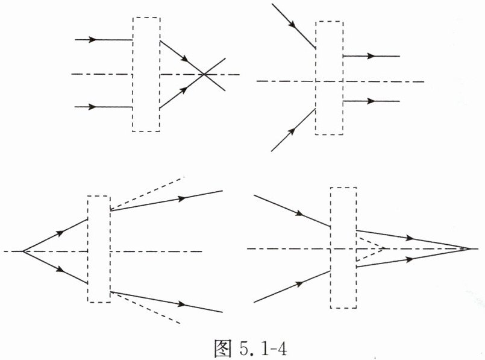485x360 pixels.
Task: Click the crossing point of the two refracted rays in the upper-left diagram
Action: (205, 74)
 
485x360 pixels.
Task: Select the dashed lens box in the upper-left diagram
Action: (146, 74)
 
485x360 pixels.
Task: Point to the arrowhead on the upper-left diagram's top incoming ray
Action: (92, 40)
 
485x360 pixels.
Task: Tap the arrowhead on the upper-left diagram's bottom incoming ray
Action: (92, 107)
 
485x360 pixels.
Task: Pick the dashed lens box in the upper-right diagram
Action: (329, 78)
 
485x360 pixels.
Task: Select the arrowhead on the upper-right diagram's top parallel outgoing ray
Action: (371, 56)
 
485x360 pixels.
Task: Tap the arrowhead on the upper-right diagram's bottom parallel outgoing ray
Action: (371, 101)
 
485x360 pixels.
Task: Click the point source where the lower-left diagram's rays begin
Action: (23, 250)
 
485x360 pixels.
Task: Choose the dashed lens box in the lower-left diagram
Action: (99, 248)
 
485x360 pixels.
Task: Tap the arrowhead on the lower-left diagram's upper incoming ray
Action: (60, 233)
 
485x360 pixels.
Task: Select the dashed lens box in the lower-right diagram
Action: (343, 248)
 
